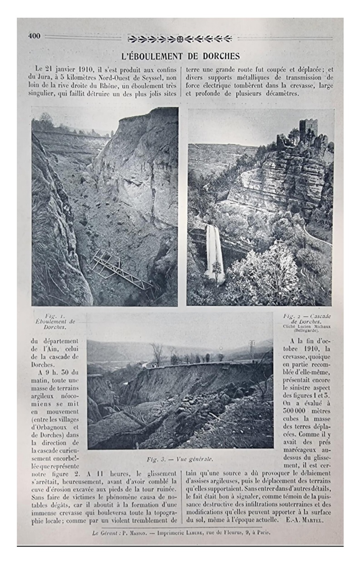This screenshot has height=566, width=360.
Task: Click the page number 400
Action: coord(34,36)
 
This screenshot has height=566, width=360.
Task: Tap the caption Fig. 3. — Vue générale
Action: coord(180,459)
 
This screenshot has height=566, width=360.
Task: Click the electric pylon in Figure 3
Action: coord(252,350)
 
